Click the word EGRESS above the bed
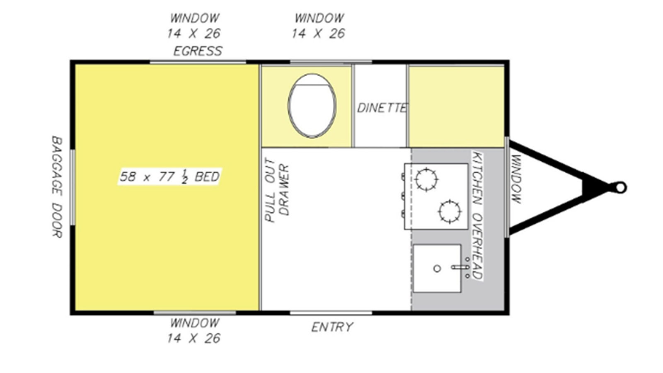198,51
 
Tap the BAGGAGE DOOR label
57,187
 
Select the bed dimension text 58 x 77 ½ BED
169,177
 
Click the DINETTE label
382,108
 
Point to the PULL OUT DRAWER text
277,190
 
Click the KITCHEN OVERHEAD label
477,215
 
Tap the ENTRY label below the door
332,327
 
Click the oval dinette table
312,106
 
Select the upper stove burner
426,179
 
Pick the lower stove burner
450,211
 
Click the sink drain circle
437,269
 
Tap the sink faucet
461,267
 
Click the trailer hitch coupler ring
620,188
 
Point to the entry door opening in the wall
331,312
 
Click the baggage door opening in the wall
72,187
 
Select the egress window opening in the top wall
198,62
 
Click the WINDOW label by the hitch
516,179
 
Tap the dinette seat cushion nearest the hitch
456,107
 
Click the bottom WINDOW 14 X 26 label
194,330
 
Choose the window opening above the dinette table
331,62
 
